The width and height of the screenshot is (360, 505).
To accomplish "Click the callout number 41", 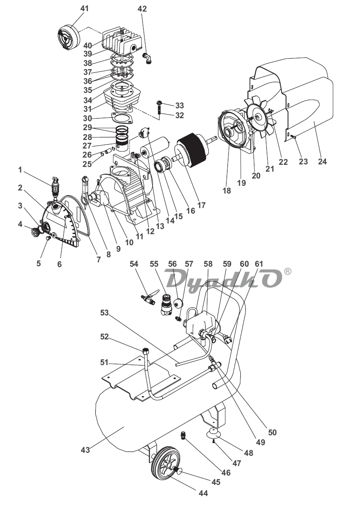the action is [84, 8].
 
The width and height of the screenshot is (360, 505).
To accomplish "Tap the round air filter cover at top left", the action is [68, 37].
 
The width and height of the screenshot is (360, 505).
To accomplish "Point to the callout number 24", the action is [322, 161].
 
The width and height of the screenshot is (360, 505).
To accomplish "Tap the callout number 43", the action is [85, 450].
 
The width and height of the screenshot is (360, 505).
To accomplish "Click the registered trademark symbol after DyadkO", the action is [288, 271].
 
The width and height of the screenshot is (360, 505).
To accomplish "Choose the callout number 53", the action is [105, 312].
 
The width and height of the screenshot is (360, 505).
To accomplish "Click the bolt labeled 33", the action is [159, 104].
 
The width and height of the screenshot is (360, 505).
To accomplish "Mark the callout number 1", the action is [20, 170].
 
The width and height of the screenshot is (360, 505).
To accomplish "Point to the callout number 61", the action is [259, 264].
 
